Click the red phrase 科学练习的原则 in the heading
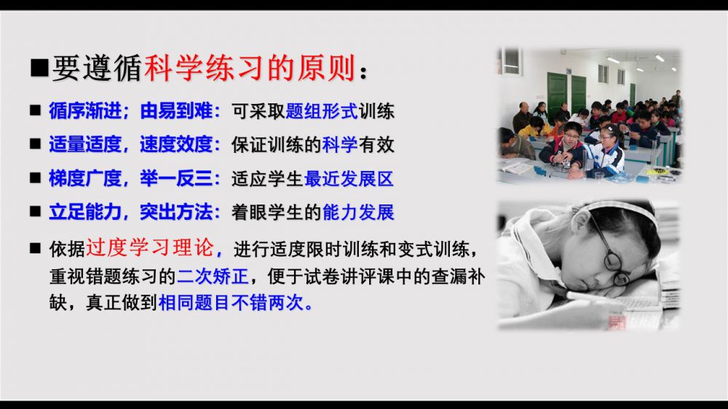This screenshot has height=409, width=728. (x=250, y=68)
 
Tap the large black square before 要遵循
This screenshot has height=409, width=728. (x=39, y=67)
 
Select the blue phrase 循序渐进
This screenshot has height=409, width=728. (x=85, y=111)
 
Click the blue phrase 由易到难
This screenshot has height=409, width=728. (x=176, y=111)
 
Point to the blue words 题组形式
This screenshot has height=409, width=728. (x=322, y=111)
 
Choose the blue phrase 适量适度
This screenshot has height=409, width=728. (x=85, y=144)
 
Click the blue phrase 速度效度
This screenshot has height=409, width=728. (x=176, y=144)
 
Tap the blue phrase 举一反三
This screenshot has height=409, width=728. (x=176, y=178)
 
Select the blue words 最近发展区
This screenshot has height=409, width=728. (x=349, y=179)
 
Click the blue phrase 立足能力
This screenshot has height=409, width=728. (x=85, y=213)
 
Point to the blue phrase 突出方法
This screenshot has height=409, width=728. (x=176, y=213)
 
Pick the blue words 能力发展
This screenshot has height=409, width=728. (x=358, y=213)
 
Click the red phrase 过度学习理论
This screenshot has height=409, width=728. (x=150, y=247)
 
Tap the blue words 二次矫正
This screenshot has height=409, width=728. (x=213, y=277)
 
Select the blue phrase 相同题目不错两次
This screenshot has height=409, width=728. (x=231, y=303)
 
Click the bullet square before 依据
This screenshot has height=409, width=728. (x=35, y=248)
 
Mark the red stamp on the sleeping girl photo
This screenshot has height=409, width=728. (x=617, y=321)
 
